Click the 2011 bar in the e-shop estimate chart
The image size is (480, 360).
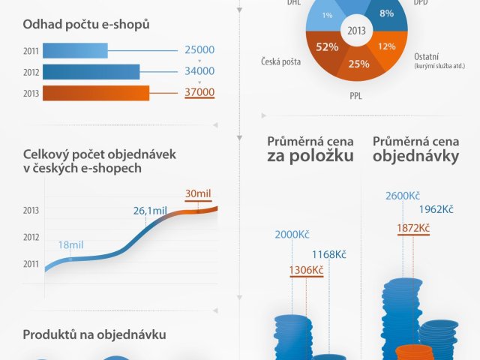pos(75,50)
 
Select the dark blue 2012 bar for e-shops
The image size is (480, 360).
pos(91,72)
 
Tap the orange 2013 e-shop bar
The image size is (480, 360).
pos(96,93)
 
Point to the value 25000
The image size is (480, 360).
pos(199,50)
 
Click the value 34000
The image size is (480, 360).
pos(199,72)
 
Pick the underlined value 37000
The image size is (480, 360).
pos(199,93)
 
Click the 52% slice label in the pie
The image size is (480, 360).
pos(326,46)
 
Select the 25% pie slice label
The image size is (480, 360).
pos(358,64)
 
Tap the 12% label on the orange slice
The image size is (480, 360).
pos(387,46)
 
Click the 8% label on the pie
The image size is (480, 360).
pos(387,13)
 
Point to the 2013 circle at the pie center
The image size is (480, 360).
pos(356,31)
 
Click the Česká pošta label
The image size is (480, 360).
pos(281,62)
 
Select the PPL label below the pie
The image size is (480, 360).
pos(355,96)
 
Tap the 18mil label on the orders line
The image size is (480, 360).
pos(70,245)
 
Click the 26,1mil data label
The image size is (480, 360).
pos(150,211)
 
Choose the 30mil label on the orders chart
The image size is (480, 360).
pos(198,193)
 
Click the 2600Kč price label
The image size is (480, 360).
pos(403,196)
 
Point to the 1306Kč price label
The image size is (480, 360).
pos(306,270)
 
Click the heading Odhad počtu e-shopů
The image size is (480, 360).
pos(86,25)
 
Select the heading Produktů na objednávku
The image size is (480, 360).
pos(94,334)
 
